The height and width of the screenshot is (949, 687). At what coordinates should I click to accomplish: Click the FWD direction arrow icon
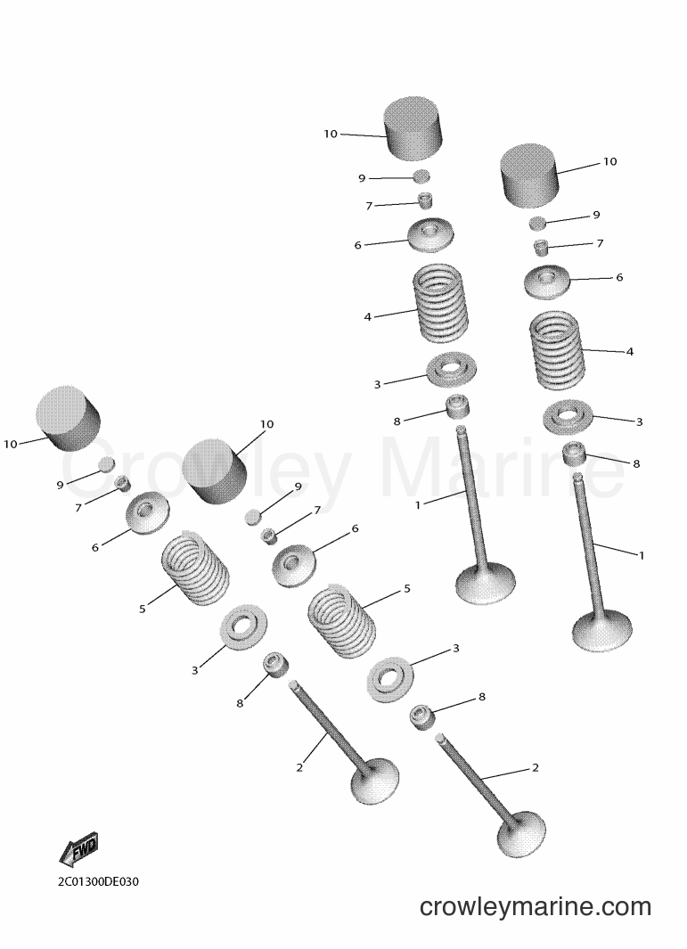78,850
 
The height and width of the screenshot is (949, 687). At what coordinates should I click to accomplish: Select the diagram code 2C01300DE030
98,881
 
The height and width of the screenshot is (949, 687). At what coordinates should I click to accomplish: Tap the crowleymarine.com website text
535,906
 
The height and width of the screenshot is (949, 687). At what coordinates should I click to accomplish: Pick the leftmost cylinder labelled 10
67,418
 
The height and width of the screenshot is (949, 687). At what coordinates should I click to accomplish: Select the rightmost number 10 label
609,161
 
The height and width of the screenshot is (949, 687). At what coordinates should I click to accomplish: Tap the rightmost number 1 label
642,554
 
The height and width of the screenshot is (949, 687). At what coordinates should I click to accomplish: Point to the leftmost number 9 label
60,484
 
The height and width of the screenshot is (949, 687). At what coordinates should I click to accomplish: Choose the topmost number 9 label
362,178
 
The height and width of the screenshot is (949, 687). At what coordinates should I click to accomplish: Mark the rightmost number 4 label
630,351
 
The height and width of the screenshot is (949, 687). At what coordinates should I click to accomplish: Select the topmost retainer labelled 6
431,235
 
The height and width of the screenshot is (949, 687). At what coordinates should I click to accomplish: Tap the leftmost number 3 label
194,670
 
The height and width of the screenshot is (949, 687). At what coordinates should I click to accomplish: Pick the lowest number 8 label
240,703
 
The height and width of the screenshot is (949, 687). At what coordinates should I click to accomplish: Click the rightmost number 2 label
535,767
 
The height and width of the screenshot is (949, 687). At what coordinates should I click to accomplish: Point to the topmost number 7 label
369,206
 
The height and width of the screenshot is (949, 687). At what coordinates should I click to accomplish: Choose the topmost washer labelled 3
451,369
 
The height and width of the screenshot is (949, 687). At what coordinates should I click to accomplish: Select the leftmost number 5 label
143,609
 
